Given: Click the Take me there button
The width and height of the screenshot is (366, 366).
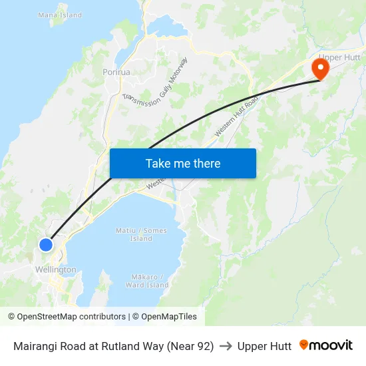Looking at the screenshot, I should click(183, 163).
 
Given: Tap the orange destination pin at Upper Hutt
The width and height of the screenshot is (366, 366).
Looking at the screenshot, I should click(321, 69).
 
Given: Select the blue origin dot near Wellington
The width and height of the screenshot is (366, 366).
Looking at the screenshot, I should click(46, 245).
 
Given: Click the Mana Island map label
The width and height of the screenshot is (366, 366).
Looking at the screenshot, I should click(60, 15).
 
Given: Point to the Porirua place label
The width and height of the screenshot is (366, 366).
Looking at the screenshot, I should click(116, 72).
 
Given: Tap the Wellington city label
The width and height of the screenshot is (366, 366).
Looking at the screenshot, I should click(55, 270).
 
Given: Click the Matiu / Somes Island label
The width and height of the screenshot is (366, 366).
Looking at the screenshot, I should click(141, 234).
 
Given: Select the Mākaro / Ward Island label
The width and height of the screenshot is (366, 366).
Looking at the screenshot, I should click(147, 281).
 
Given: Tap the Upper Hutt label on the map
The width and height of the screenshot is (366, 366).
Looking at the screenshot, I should click(339, 57).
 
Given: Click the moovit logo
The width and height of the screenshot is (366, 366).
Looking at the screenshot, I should click(326, 345).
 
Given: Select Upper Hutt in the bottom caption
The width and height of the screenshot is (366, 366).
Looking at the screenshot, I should click(264, 346).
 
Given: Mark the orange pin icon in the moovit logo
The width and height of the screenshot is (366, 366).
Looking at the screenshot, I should click(304, 345).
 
